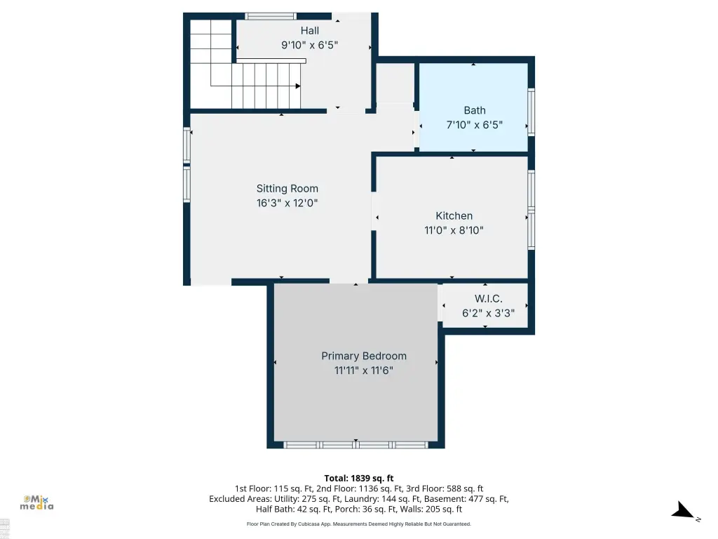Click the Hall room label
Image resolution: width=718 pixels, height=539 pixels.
click(309, 31)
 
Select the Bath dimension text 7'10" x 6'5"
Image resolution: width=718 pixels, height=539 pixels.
click(475, 125)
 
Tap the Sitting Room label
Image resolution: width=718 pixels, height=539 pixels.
click(287, 188)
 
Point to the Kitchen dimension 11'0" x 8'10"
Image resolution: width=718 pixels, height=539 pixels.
click(454, 230)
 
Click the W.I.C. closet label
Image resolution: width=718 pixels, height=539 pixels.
click(488, 299)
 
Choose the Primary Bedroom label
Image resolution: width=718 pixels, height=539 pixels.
click(364, 356)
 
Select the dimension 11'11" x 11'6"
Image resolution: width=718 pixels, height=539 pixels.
click(364, 371)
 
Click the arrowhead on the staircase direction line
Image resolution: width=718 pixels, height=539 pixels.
click(298, 86)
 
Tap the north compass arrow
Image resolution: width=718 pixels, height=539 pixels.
click(684, 511)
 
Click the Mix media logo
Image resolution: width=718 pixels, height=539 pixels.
click(36, 503)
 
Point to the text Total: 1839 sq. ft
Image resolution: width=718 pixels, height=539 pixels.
click(359, 479)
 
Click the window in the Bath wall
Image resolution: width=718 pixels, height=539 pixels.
click(531, 112)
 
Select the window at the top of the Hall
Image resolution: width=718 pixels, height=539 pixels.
click(270, 17)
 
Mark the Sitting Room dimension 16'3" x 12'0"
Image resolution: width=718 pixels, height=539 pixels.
click(287, 203)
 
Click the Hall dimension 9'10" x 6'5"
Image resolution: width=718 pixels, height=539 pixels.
click(309, 45)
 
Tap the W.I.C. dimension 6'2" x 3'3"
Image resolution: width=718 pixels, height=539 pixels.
click(488, 313)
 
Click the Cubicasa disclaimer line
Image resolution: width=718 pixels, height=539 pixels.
click(359, 524)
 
